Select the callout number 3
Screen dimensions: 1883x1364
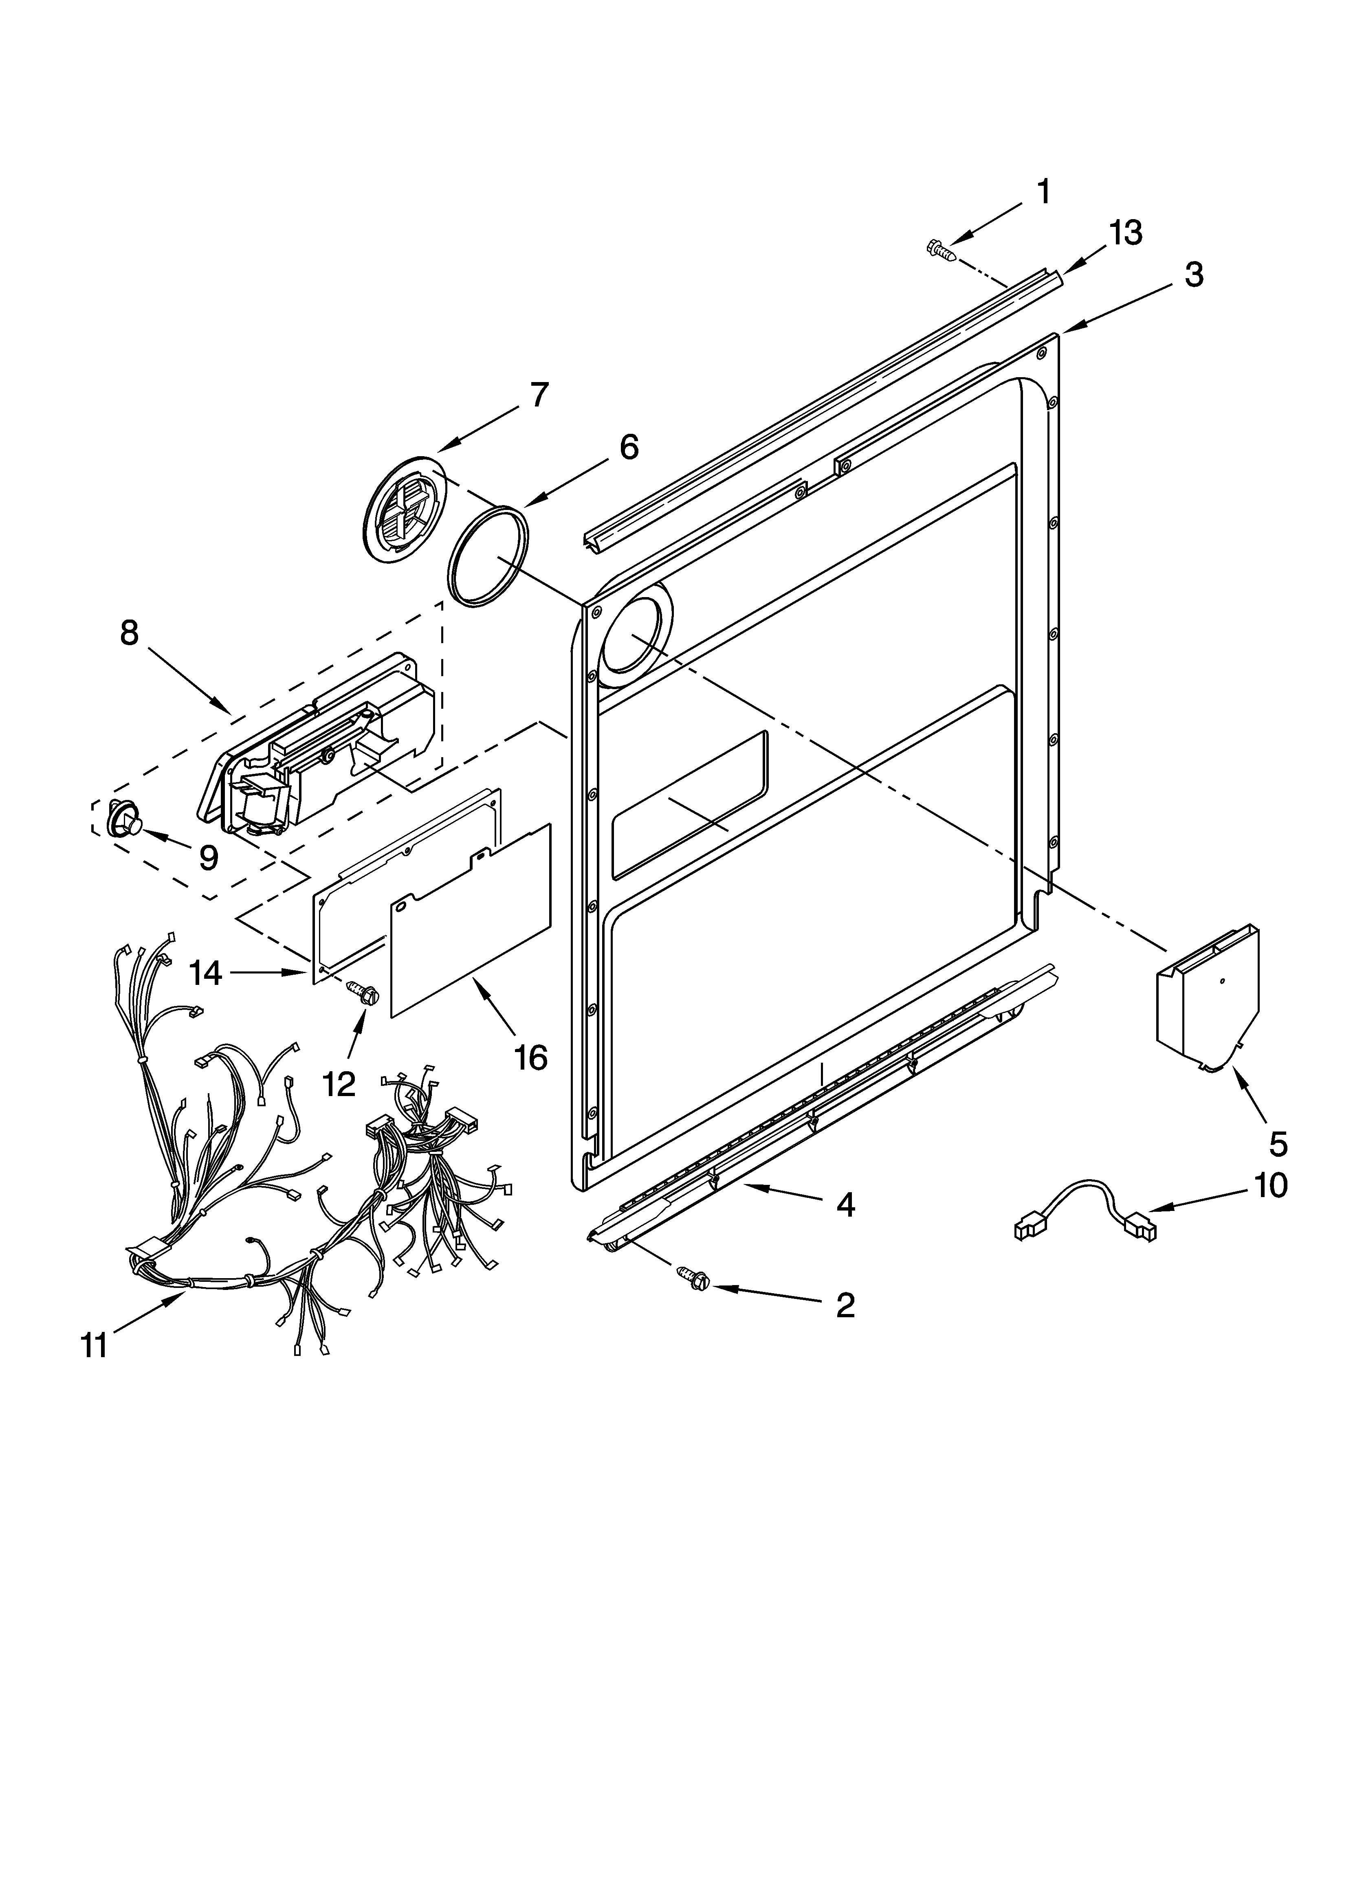pos(1194,275)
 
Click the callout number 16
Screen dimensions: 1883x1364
pos(531,1057)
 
